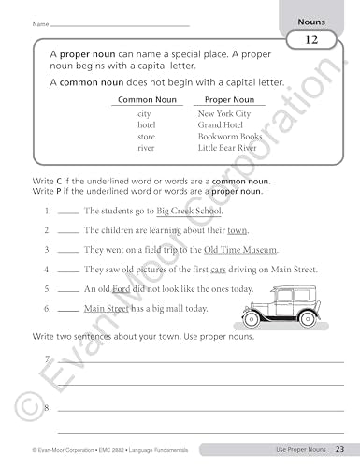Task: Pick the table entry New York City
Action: tap(224, 113)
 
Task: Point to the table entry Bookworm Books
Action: tap(230, 136)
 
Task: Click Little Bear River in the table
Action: tap(233, 147)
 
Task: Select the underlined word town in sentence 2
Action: tap(238, 229)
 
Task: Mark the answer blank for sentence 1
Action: tap(67, 212)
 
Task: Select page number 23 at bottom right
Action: tap(340, 451)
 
